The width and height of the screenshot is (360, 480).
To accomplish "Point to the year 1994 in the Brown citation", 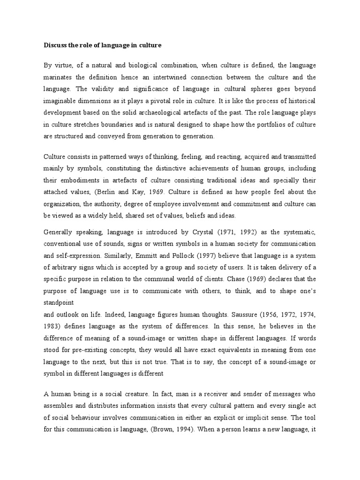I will (176, 427).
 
